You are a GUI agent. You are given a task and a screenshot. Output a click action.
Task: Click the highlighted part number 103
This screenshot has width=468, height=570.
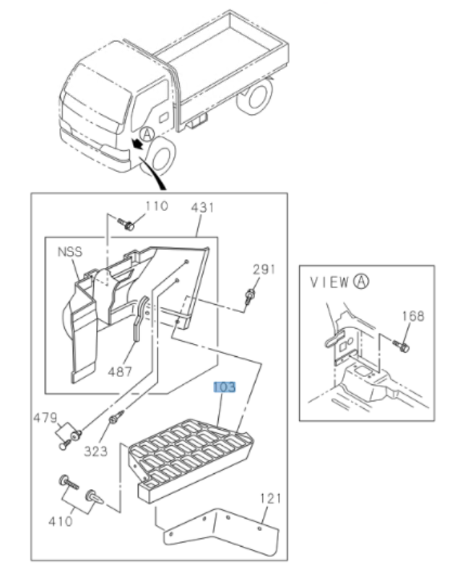(225, 388)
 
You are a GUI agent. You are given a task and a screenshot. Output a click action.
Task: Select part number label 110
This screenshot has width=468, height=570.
(156, 207)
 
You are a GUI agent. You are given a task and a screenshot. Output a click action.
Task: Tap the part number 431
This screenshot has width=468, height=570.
(203, 207)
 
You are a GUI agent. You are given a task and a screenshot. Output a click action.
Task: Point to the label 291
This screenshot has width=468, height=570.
(264, 269)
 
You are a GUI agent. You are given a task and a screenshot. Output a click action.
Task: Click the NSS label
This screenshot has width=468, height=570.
(70, 252)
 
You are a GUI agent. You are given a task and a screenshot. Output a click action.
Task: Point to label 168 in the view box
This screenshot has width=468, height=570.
(413, 316)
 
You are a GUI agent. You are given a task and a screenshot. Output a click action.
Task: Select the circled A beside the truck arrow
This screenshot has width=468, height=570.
(147, 134)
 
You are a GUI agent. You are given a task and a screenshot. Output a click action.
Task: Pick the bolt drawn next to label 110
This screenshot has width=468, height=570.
(129, 225)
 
